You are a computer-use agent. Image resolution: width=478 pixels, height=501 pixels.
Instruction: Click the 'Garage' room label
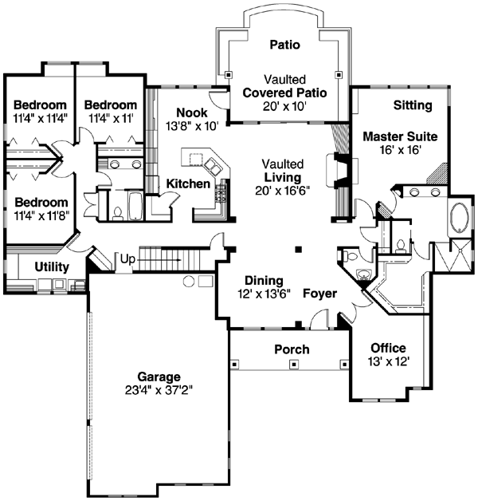157,377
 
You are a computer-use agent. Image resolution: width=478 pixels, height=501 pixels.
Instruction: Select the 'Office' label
388,348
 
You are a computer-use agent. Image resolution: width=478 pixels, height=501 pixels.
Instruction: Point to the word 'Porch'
292,349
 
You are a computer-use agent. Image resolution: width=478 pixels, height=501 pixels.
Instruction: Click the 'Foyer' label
320,294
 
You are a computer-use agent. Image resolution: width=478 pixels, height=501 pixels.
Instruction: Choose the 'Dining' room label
264,280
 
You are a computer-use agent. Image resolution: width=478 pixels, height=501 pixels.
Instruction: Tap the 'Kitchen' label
188,183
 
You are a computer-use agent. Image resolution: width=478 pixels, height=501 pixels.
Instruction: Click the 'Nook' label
191,112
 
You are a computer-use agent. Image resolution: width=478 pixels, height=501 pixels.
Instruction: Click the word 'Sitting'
413,105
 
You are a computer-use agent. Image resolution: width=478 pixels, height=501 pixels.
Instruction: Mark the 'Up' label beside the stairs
127,258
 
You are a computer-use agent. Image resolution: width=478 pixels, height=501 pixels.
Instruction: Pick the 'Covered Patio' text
284,93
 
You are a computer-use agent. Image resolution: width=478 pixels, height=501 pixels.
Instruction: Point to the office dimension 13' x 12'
388,361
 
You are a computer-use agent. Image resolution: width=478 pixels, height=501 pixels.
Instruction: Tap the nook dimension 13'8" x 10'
191,125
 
